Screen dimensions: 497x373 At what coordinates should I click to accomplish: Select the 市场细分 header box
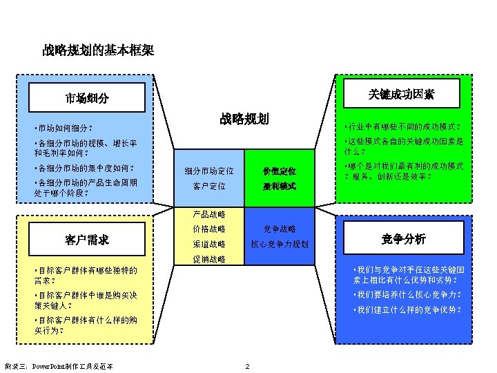pyautogui.click(x=87, y=98)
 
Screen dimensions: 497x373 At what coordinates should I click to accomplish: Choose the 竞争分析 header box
pyautogui.click(x=404, y=239)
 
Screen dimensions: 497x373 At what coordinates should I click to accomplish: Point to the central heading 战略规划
pyautogui.click(x=244, y=118)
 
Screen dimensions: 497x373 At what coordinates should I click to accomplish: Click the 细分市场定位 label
pyautogui.click(x=209, y=171)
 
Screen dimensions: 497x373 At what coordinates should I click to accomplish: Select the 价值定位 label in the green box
pyautogui.click(x=280, y=171)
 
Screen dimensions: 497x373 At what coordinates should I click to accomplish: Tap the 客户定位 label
pyautogui.click(x=209, y=186)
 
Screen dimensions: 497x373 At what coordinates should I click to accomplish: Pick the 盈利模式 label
pyautogui.click(x=280, y=186)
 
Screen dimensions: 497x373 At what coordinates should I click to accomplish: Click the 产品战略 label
pyautogui.click(x=209, y=213)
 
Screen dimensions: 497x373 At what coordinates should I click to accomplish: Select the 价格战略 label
pyautogui.click(x=209, y=229)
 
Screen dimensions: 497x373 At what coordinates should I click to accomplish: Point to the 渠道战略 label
pyautogui.click(x=209, y=244)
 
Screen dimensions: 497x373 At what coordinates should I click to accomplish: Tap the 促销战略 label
pyautogui.click(x=209, y=259)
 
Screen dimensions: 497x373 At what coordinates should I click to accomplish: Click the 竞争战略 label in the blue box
pyautogui.click(x=280, y=229)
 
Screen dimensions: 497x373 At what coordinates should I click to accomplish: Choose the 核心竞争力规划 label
pyautogui.click(x=280, y=244)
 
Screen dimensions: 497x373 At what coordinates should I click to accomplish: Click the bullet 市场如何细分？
pyautogui.click(x=67, y=128)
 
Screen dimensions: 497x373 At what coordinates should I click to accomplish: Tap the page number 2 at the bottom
pyautogui.click(x=247, y=365)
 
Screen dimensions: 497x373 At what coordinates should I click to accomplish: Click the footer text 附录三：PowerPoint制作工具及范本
pyautogui.click(x=59, y=365)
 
